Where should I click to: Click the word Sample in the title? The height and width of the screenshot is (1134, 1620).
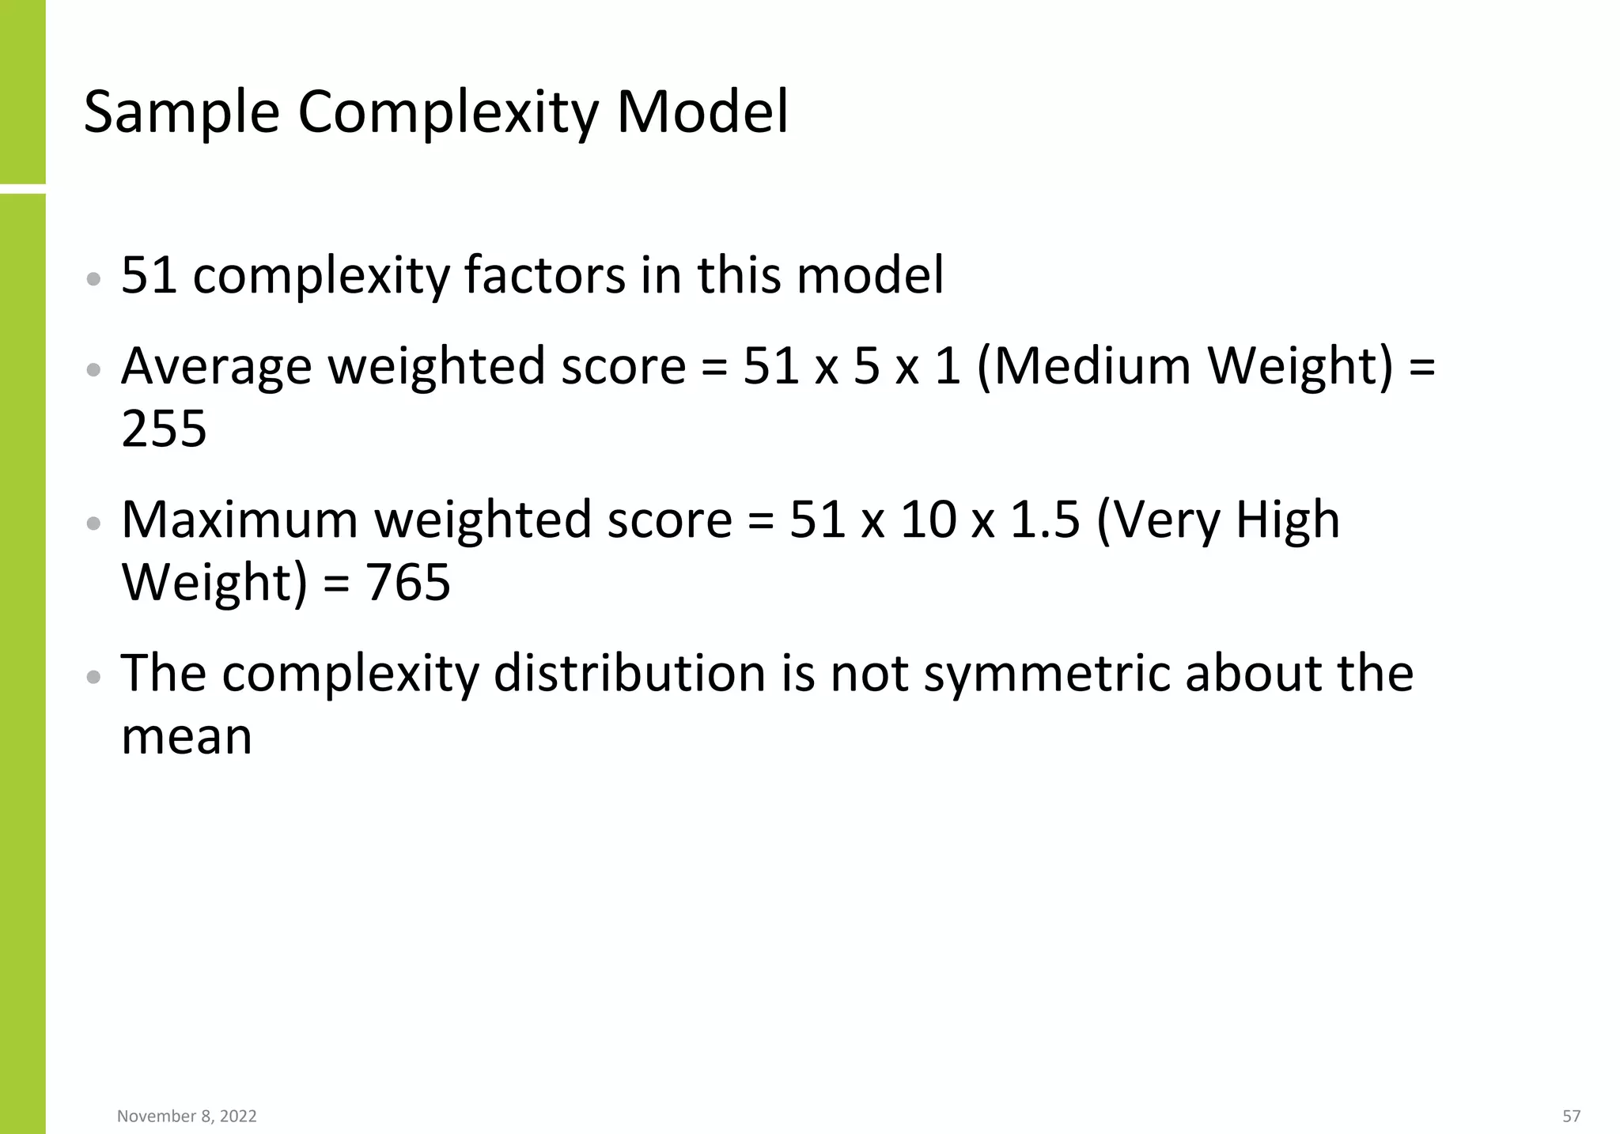pos(181,113)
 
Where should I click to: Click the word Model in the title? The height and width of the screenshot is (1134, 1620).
pos(702,112)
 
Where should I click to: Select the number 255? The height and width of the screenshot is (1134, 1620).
pos(164,429)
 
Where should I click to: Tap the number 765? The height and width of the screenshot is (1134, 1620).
pos(407,582)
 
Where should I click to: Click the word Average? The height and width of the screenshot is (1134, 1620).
pos(216,367)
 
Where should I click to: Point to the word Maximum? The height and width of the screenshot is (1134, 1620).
pos(239,520)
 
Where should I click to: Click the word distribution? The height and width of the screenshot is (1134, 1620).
pos(630,674)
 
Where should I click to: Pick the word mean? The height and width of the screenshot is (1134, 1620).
pos(187,736)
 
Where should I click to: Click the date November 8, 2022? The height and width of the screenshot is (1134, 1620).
pos(187,1116)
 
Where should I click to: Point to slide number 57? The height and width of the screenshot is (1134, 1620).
pos(1571,1116)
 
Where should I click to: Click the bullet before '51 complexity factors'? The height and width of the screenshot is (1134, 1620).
pos(93,278)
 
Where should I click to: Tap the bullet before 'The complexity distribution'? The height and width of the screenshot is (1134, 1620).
pos(93,676)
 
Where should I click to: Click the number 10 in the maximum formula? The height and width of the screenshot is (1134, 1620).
pos(927,520)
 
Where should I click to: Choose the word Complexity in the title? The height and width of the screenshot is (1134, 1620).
pos(448,113)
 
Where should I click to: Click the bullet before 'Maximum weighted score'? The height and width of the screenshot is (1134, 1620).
pos(93,523)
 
